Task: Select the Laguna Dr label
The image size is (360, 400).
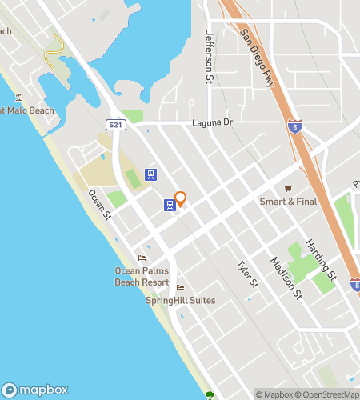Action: (x=212, y=122)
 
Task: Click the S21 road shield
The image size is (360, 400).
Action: (x=116, y=125)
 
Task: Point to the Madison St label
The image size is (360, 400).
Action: (x=286, y=278)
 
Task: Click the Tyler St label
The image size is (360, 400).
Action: (x=248, y=274)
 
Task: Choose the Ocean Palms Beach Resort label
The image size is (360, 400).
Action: (x=142, y=276)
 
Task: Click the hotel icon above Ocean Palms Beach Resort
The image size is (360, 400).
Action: (x=142, y=258)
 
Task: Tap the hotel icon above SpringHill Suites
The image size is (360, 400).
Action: (x=180, y=288)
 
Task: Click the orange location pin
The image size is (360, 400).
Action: (x=181, y=198)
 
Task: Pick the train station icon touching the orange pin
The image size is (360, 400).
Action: (x=170, y=205)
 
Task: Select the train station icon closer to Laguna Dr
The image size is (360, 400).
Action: (x=150, y=174)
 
